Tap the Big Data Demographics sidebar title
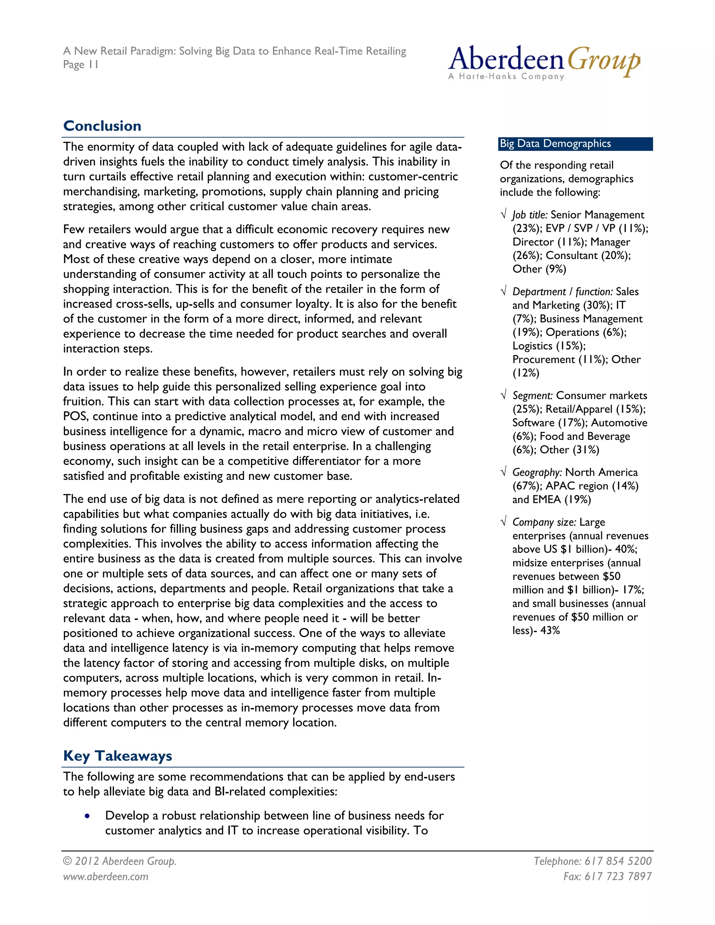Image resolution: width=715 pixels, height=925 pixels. (x=555, y=143)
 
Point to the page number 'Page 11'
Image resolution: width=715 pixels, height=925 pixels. (x=81, y=65)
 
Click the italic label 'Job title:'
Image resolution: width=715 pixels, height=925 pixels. (x=530, y=215)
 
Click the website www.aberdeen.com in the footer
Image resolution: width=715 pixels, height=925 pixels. (x=105, y=876)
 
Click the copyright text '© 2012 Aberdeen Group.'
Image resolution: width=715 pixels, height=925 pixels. (x=119, y=861)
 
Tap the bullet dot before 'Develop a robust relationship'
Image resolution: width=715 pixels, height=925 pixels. (x=87, y=816)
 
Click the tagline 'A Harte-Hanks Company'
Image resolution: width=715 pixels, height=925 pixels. (x=506, y=77)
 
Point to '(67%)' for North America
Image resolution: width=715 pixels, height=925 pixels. (x=526, y=486)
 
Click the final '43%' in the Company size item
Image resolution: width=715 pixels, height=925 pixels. (x=550, y=631)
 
